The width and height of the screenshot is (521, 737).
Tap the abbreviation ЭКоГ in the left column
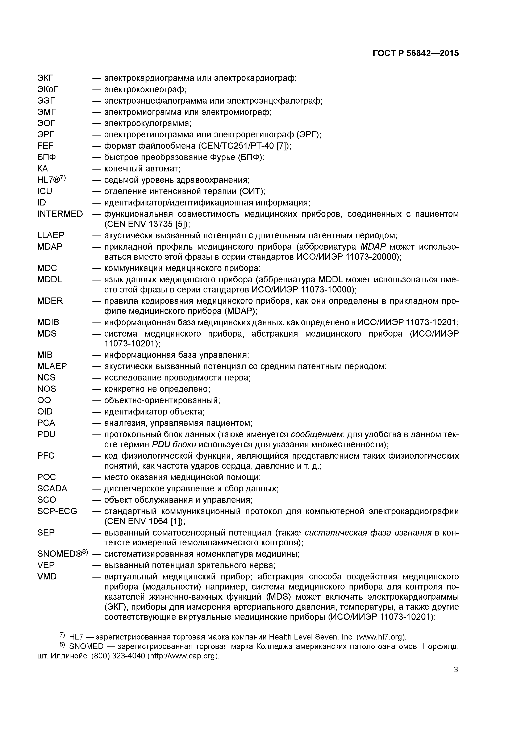[x=48, y=89]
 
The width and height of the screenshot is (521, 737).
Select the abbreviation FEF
[x=46, y=146]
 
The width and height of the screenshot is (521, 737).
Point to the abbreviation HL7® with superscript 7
[x=51, y=180]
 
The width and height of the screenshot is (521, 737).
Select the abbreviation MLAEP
[x=52, y=366]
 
